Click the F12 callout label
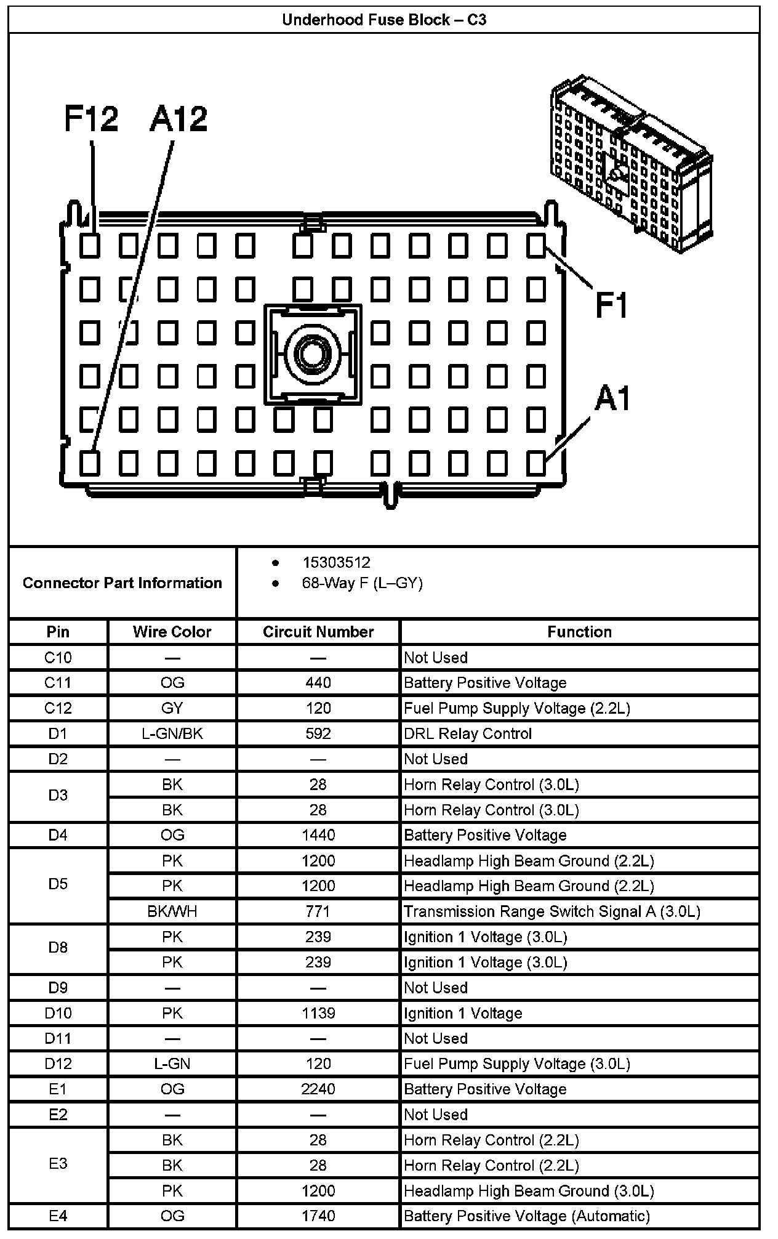click(91, 119)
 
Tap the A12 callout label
click(178, 119)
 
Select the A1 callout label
click(612, 398)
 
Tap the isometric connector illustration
click(630, 164)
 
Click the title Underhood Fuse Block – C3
click(384, 20)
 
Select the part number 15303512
click(336, 562)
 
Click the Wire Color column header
click(172, 632)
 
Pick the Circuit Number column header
click(318, 632)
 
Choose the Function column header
click(579, 632)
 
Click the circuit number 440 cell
click(318, 682)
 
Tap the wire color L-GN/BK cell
click(172, 733)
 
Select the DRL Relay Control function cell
click(468, 733)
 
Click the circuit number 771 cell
click(318, 911)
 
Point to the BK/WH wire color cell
click(172, 911)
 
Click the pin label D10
click(58, 1012)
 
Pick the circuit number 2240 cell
click(318, 1089)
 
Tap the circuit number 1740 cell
click(318, 1216)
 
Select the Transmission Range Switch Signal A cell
click(551, 911)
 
